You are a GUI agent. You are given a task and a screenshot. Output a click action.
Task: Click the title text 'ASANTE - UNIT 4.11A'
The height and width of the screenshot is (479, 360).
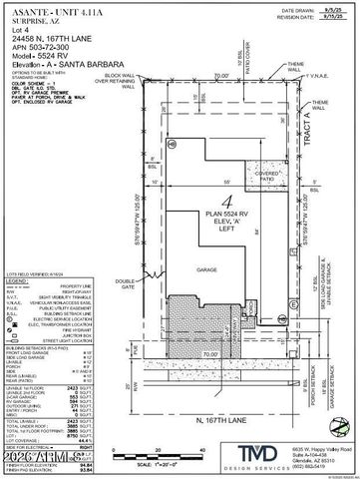[47, 7]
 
